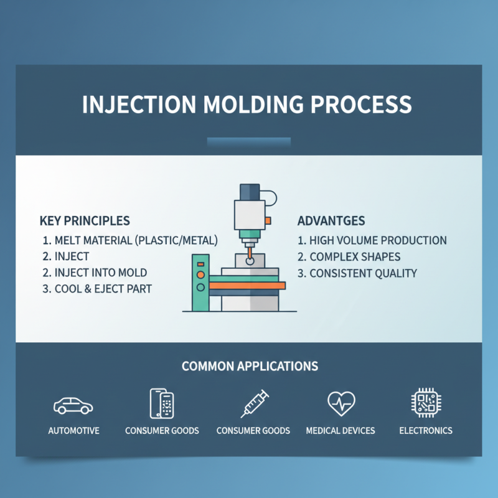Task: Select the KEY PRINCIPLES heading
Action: [84, 220]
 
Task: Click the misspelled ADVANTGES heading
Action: [331, 220]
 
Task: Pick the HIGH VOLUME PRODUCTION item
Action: [372, 240]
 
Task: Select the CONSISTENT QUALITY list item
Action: [357, 273]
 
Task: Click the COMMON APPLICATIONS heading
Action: [250, 366]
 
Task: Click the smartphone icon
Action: [161, 403]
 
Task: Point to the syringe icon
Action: [254, 403]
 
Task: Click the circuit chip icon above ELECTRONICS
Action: [426, 403]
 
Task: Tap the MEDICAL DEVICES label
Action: [341, 431]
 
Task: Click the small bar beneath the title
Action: [249, 143]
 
